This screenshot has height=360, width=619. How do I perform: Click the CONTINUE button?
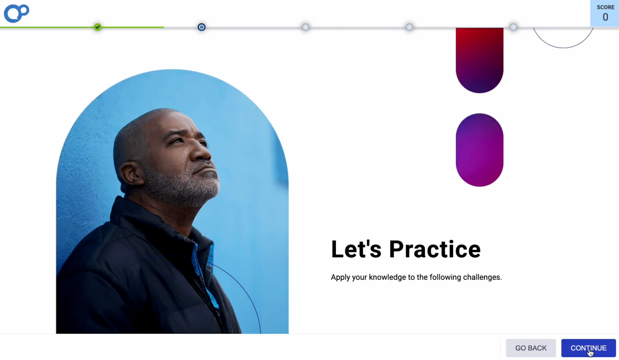pyautogui.click(x=588, y=348)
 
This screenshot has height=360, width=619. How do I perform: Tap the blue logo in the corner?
pyautogui.click(x=17, y=13)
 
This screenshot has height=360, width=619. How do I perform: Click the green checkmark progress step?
pyautogui.click(x=97, y=27)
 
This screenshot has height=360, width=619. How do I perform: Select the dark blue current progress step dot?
pyautogui.click(x=202, y=27)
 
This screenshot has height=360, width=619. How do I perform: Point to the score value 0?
pyautogui.click(x=605, y=17)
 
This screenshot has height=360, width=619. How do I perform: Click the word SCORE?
pyautogui.click(x=605, y=7)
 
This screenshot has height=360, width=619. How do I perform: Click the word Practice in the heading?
pyautogui.click(x=435, y=249)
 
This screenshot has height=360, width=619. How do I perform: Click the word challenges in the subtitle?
pyautogui.click(x=482, y=277)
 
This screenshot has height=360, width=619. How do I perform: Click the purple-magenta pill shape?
pyautogui.click(x=479, y=150)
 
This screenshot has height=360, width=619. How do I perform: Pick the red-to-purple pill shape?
pyautogui.click(x=479, y=60)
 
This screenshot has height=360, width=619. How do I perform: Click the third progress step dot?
pyautogui.click(x=305, y=27)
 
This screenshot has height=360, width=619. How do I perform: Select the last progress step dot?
pyautogui.click(x=513, y=27)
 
